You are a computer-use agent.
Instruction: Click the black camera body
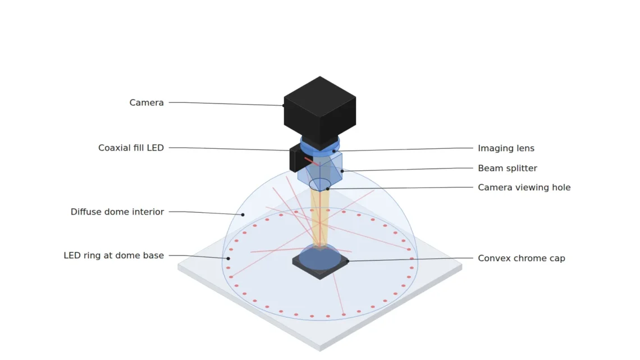pyautogui.click(x=319, y=110)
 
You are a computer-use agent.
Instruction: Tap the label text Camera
pyautogui.click(x=147, y=102)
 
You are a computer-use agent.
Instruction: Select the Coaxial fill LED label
pyautogui.click(x=131, y=148)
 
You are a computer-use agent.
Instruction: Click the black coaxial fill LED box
pyautogui.click(x=298, y=159)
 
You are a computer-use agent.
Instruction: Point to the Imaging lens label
pyautogui.click(x=506, y=148)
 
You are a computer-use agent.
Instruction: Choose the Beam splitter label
pyautogui.click(x=508, y=168)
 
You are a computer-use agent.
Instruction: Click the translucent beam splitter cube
pyautogui.click(x=320, y=171)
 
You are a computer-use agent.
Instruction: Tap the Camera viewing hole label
pyautogui.click(x=524, y=188)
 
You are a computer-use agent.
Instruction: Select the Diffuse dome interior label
pyautogui.click(x=117, y=212)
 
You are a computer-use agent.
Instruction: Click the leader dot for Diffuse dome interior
pyautogui.click(x=243, y=215)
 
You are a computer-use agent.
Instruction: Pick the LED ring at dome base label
pyautogui.click(x=113, y=256)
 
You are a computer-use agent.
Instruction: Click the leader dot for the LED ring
pyautogui.click(x=228, y=258)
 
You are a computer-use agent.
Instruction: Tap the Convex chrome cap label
pyautogui.click(x=521, y=258)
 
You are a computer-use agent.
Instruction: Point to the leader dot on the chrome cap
pyautogui.click(x=348, y=261)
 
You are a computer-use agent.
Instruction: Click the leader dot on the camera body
pyautogui.click(x=284, y=106)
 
